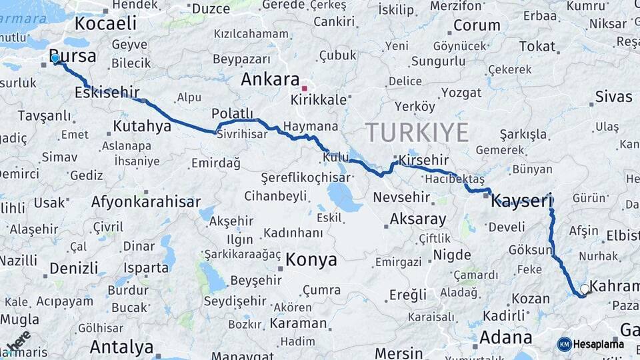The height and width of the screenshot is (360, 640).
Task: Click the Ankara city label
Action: pyautogui.click(x=270, y=79)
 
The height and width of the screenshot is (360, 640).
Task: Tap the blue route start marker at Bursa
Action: pyautogui.click(x=55, y=59)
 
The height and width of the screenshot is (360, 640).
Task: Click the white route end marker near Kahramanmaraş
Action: pyautogui.click(x=585, y=289)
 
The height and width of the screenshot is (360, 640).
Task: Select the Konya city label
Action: pyautogui.click(x=311, y=259)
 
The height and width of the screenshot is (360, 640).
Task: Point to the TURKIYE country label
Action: pyautogui.click(x=417, y=132)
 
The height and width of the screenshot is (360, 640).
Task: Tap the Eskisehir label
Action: pyautogui.click(x=106, y=93)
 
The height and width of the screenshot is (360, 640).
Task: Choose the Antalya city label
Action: pyautogui.click(x=121, y=347)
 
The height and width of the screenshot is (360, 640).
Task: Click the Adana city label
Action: pyautogui.click(x=505, y=337)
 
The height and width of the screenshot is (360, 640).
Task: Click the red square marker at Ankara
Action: pyautogui.click(x=305, y=88)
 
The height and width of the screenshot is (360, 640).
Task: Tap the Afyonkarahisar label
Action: pyautogui.click(x=146, y=201)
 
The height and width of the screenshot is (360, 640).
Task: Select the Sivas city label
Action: pyautogui.click(x=613, y=97)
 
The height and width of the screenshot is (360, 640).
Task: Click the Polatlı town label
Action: pyautogui.click(x=233, y=113)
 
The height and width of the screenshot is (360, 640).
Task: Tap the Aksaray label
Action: pyautogui.click(x=417, y=219)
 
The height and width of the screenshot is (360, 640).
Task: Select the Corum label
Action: pyautogui.click(x=477, y=25)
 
